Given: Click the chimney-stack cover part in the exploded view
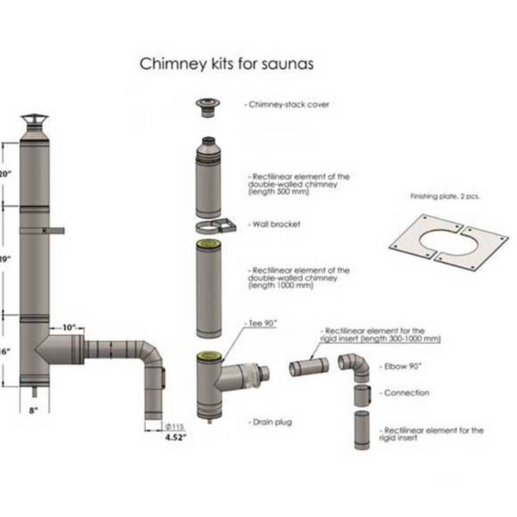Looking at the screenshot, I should tap(207, 106).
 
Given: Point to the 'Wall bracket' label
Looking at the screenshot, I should tap(275, 224).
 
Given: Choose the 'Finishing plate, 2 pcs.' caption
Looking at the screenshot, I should tap(445, 196).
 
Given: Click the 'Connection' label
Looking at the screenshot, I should tap(406, 393).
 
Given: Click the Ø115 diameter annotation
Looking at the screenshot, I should tap(176, 427).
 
